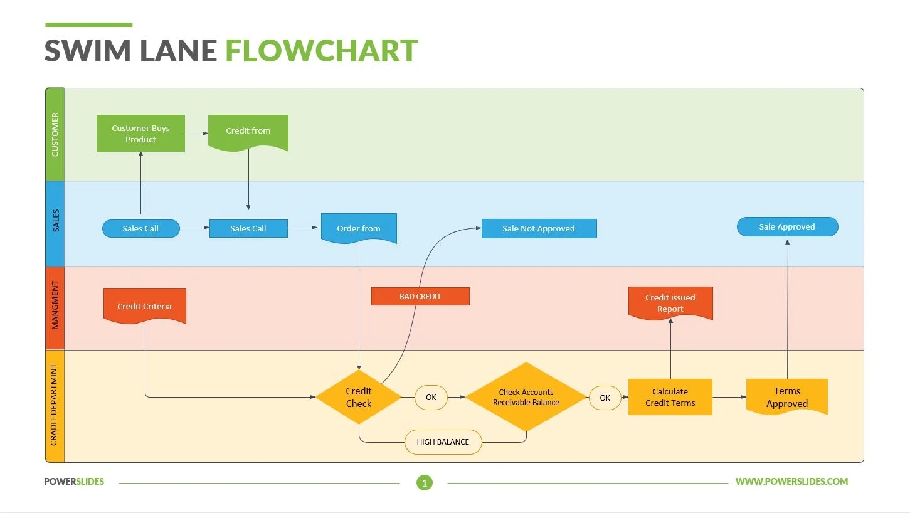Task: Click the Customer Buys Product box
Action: (x=140, y=134)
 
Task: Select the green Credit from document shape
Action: (x=248, y=132)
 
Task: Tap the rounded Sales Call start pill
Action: (x=140, y=229)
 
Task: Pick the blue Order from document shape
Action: (x=359, y=228)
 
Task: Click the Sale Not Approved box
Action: (x=539, y=229)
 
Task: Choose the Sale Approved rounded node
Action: (x=787, y=227)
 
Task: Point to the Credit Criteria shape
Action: (x=144, y=306)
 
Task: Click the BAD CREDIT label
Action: (x=420, y=297)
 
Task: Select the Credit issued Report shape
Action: (x=670, y=303)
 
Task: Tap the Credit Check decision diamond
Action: (x=359, y=398)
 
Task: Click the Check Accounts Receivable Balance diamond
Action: (x=526, y=398)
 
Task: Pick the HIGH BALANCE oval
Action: (x=443, y=442)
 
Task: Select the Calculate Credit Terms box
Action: (x=670, y=397)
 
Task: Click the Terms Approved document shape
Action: (x=786, y=397)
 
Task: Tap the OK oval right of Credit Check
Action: (x=431, y=398)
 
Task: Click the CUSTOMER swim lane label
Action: (x=55, y=134)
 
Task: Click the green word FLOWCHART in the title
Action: (x=321, y=51)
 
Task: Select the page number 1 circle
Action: (x=425, y=483)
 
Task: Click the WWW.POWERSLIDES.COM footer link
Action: (x=791, y=482)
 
